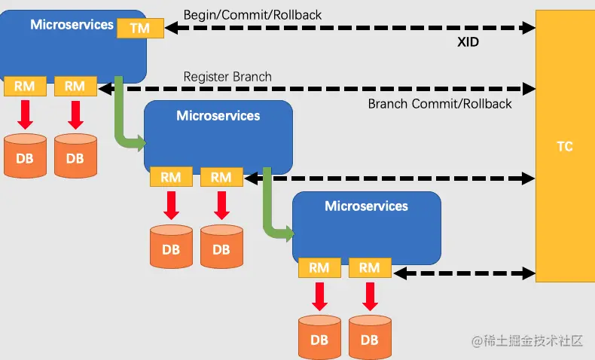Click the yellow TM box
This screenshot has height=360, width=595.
(x=140, y=28)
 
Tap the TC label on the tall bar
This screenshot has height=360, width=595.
(x=565, y=146)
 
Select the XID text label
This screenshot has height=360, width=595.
(x=468, y=41)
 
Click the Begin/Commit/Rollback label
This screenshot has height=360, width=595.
(x=252, y=15)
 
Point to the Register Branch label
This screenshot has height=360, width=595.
(x=227, y=77)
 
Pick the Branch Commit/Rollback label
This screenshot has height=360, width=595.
(x=440, y=104)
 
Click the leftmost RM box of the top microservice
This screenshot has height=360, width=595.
(x=25, y=86)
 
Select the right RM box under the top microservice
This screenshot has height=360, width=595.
(x=75, y=86)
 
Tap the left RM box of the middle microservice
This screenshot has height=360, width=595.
(x=171, y=177)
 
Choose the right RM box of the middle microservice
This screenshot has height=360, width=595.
(x=221, y=177)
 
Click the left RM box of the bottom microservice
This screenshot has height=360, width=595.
(x=319, y=268)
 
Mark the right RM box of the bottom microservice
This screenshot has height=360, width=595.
(x=370, y=268)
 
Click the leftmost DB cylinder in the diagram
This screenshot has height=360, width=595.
(x=25, y=156)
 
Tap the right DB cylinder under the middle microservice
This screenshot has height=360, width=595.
(x=221, y=246)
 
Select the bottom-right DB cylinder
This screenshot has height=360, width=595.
(x=370, y=337)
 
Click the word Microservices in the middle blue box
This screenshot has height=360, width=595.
(x=218, y=116)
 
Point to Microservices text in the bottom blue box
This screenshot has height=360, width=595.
(x=366, y=206)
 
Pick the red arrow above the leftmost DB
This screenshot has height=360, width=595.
(x=25, y=115)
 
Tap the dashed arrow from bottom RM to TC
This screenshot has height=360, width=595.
(x=465, y=273)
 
